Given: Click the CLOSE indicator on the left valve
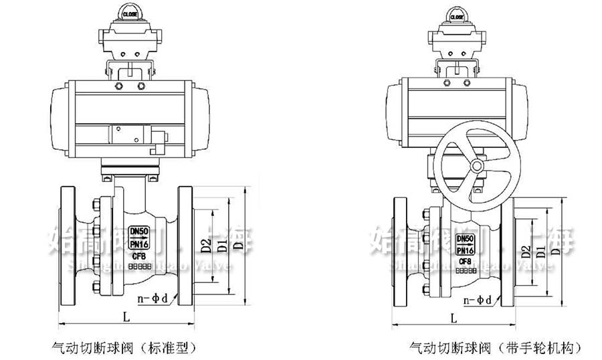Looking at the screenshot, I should coord(130,13).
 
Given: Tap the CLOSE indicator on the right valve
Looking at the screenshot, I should coord(457,17).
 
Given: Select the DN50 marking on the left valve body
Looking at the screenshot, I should coord(139,231).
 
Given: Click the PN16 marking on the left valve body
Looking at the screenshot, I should coord(139,244).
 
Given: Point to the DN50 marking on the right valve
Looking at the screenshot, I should coord(466,238).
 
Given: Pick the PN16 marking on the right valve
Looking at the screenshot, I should coord(466,250).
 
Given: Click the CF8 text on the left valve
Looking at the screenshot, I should coord(139,256).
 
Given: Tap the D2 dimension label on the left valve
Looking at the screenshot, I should coord(206,246).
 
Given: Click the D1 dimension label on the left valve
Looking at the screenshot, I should coord(221,246).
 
